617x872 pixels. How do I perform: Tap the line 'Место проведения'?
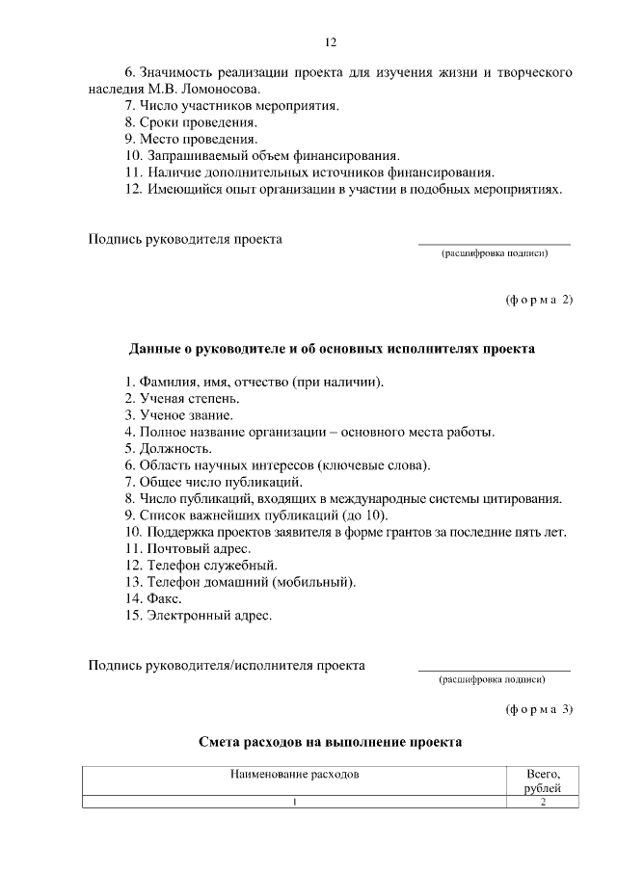(189, 139)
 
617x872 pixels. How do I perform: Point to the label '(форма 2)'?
(539, 299)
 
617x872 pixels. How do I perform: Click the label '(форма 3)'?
(539, 710)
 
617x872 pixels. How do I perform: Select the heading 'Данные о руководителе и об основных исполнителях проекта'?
(331, 348)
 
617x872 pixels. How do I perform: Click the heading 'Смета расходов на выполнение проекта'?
(330, 743)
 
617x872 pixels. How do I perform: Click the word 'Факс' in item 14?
(165, 597)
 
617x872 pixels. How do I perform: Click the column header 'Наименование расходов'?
(294, 774)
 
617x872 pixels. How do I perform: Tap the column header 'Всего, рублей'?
(544, 780)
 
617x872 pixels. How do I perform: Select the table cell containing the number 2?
(544, 803)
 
